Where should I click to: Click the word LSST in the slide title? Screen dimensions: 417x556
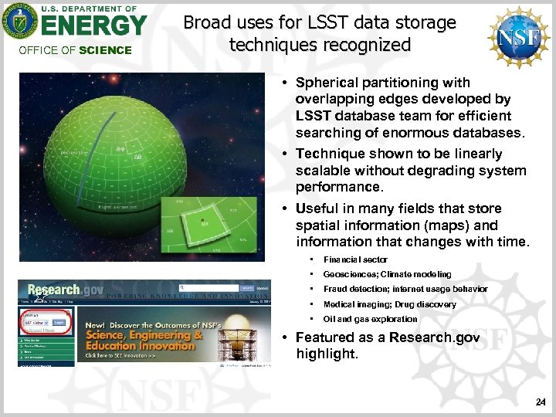[x=293, y=23]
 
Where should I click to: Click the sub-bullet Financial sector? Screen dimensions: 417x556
[x=355, y=259]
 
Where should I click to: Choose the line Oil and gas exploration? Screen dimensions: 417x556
[x=370, y=319]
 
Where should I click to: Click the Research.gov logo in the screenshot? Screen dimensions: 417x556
[x=54, y=288]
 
